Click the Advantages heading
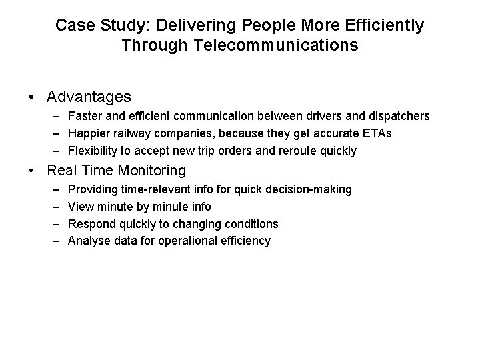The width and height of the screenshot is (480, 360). tap(89, 97)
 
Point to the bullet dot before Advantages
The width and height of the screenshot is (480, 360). tap(32, 97)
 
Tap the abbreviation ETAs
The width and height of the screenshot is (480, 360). tap(378, 133)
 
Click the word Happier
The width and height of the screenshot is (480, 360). tap(90, 133)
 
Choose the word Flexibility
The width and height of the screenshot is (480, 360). tap(93, 150)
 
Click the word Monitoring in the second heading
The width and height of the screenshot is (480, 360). tap(148, 171)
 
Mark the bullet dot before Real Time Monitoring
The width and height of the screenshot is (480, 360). tap(32, 171)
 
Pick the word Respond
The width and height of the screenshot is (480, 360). tap(91, 223)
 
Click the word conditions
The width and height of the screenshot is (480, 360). tap(250, 223)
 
